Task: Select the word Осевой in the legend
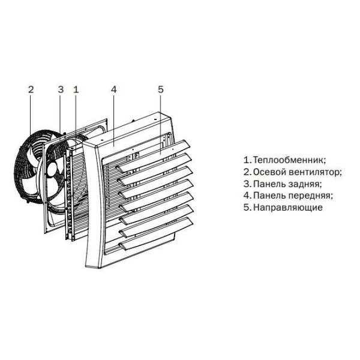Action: click(x=269, y=172)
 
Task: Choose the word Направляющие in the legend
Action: click(x=288, y=208)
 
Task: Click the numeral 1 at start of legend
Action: click(x=245, y=160)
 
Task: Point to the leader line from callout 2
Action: click(x=31, y=114)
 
